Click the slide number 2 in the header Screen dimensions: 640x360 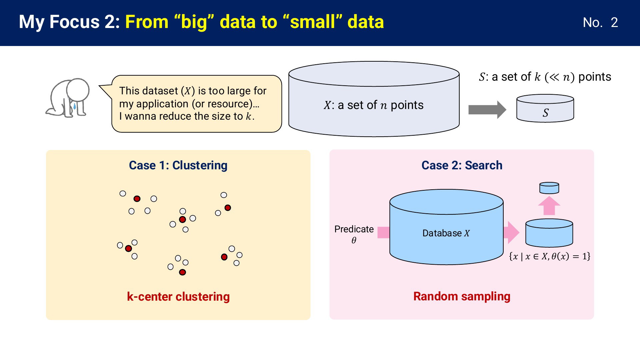614,22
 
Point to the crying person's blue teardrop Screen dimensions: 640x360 74,106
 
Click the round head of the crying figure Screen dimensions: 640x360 78,90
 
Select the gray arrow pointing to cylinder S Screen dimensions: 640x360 487,110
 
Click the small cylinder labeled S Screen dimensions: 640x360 545,108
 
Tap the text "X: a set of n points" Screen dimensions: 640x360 373,105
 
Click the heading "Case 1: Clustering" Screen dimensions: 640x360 178,165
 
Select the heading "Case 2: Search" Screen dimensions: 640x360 462,165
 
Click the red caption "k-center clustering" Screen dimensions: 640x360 178,297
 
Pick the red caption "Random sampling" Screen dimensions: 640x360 462,296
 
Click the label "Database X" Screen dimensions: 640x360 446,233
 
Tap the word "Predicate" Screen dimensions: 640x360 354,229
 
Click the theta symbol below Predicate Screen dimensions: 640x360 354,240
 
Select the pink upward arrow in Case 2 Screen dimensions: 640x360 549,205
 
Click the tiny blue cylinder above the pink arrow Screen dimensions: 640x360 549,188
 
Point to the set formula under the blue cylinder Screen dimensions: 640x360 550,256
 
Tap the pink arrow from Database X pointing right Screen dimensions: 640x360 511,232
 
